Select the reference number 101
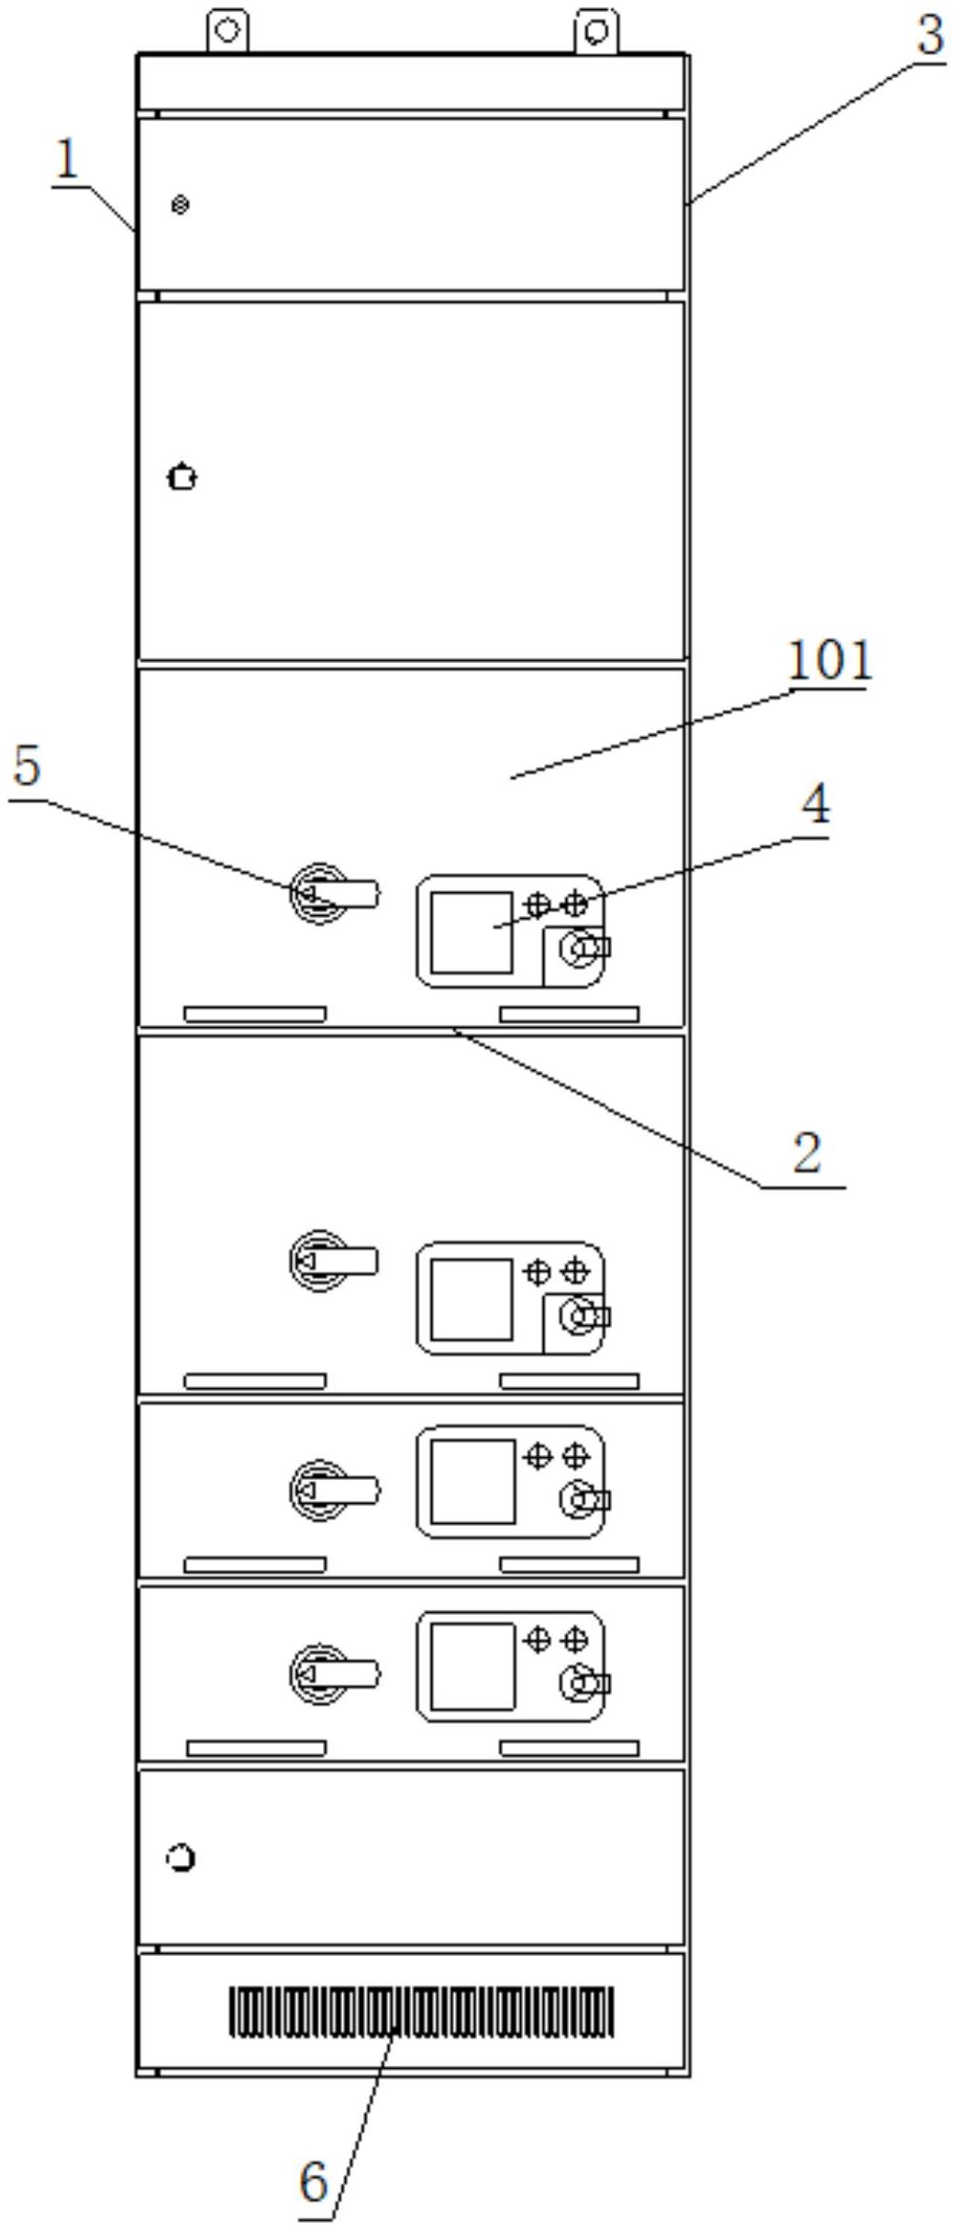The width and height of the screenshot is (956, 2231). click(829, 660)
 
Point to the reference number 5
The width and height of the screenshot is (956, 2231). click(28, 767)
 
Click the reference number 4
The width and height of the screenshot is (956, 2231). click(816, 804)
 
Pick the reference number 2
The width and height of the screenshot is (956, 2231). click(806, 1153)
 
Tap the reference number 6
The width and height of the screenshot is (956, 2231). click(314, 2181)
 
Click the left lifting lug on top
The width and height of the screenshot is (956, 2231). click(228, 30)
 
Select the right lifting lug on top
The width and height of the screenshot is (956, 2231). click(596, 30)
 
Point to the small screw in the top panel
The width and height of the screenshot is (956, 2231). click(181, 204)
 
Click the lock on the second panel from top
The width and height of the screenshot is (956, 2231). click(183, 478)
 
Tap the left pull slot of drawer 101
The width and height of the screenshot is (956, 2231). click(255, 1013)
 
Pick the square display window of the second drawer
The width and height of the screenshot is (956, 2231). click(472, 1298)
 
